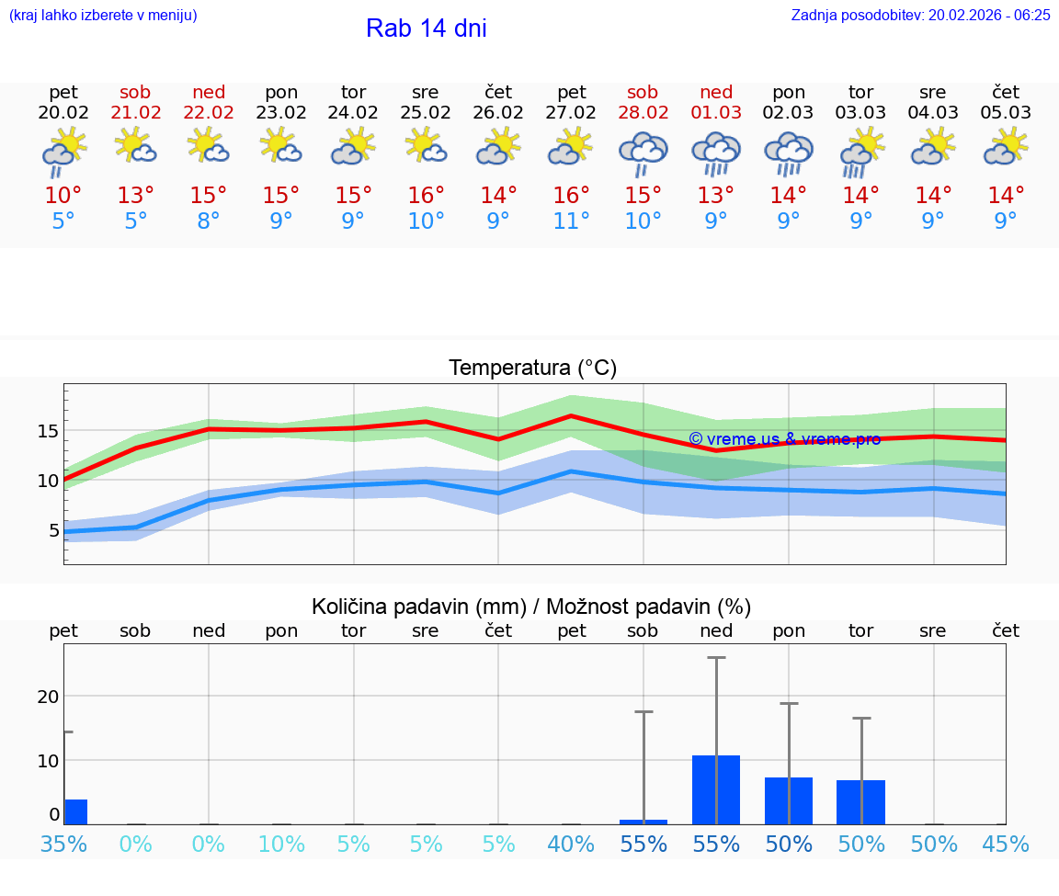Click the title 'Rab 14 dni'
pos(426,28)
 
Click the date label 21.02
pos(136,113)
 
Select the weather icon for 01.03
pos(716,153)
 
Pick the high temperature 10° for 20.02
pos(63,196)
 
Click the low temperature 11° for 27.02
pos(571,221)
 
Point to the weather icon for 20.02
pos(63,153)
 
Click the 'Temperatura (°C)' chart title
pos(532,369)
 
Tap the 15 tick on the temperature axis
pos(48,431)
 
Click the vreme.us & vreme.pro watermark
pos(784,439)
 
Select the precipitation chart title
pos(531,607)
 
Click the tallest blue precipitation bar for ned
pos(716,789)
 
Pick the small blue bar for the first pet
pos(75,811)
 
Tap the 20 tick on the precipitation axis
pos(48,697)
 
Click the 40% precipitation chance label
pos(571,844)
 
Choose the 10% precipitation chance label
pos(281,844)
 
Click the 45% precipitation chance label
pos(1006,844)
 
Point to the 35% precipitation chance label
pos(63,844)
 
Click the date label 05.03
pos(1006,113)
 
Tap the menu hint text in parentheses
pos(103,15)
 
